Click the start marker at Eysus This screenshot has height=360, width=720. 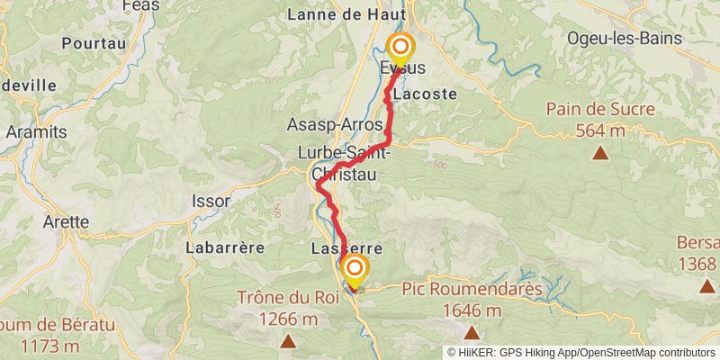click(400, 48)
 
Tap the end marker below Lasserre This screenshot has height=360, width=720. click(355, 269)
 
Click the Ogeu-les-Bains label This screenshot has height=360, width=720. click(624, 40)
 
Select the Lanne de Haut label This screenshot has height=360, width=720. click(344, 14)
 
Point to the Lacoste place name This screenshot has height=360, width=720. click(425, 94)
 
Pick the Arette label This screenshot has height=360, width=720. click(66, 221)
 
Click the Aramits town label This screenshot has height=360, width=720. click(36, 131)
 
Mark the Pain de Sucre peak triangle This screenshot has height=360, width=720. click(600, 153)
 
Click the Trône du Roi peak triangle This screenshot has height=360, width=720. click(288, 341)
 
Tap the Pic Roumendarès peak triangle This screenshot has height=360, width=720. click(472, 333)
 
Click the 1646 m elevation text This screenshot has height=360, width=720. click(472, 311)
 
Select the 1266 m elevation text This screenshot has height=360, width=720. click(288, 319)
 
